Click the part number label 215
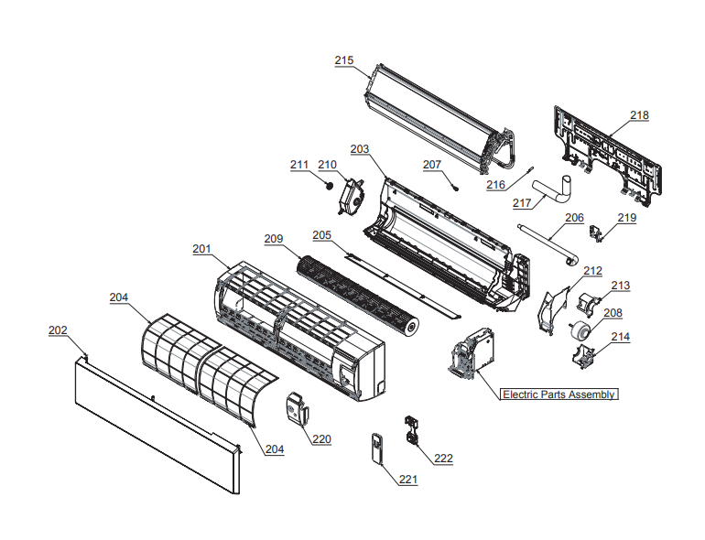[343, 60]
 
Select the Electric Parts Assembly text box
[559, 394]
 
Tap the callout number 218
[638, 115]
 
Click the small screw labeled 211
[326, 182]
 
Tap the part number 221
[407, 480]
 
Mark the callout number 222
[443, 459]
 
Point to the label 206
[574, 218]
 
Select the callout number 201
[201, 249]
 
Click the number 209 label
[274, 239]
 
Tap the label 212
[592, 271]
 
